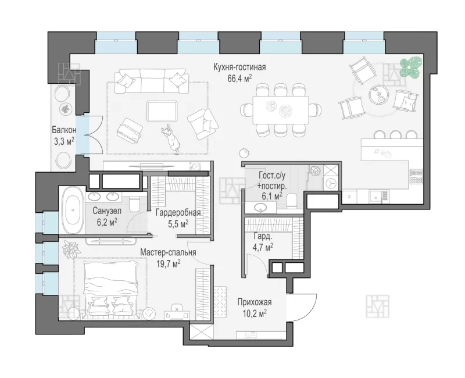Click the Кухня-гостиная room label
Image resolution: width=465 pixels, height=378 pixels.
click(239, 67)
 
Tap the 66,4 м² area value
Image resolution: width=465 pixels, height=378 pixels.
click(239, 79)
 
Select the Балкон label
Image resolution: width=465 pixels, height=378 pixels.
click(64, 130)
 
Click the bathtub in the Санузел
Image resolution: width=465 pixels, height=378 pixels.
click(73, 210)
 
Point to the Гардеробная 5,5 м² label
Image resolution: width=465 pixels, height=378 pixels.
click(178, 218)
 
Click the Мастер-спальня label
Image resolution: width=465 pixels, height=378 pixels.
click(168, 252)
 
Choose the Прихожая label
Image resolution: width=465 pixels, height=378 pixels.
click(255, 302)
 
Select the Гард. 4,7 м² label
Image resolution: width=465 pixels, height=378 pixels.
click(263, 241)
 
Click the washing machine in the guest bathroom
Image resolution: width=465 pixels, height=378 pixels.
click(330, 183)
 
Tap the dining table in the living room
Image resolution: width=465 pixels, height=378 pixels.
click(281, 110)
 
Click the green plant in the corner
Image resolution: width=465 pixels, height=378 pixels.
click(410, 66)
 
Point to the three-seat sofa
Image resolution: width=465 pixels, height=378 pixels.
click(152, 81)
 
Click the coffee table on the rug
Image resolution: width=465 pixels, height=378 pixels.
click(162, 111)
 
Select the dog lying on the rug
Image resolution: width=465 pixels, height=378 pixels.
click(171, 138)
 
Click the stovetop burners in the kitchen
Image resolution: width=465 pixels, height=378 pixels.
click(416, 176)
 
